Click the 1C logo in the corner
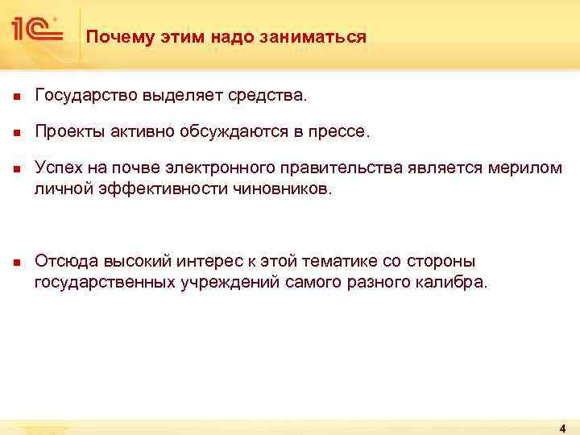point(36,30)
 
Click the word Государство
point(87,97)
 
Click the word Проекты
point(67,134)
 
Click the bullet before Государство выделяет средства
point(15,97)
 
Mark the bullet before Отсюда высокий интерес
point(15,262)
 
